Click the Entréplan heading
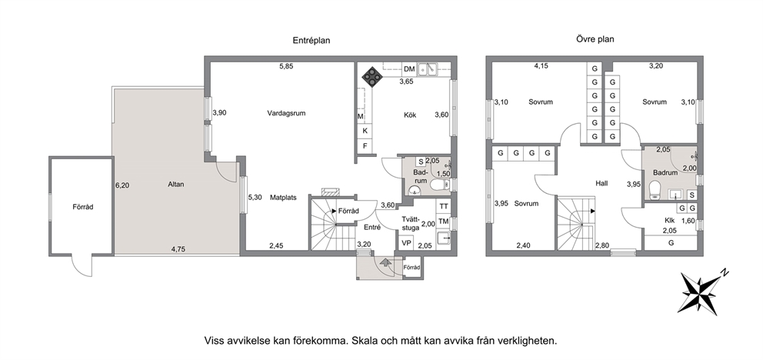point(312,41)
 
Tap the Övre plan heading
point(591,39)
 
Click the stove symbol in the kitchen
point(372,76)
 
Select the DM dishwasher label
point(409,69)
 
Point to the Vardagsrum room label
point(286,113)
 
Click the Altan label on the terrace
point(175,185)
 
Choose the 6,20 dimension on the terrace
point(122,185)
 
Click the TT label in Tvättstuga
point(444,206)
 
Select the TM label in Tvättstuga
point(444,222)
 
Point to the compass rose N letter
point(725,272)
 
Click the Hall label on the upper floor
point(601,183)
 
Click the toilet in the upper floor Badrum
point(655,190)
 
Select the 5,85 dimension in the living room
point(286,67)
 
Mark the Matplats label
point(283,198)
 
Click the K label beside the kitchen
point(365,131)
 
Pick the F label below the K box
point(365,146)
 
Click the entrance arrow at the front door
point(385,263)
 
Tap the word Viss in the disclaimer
point(215,341)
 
